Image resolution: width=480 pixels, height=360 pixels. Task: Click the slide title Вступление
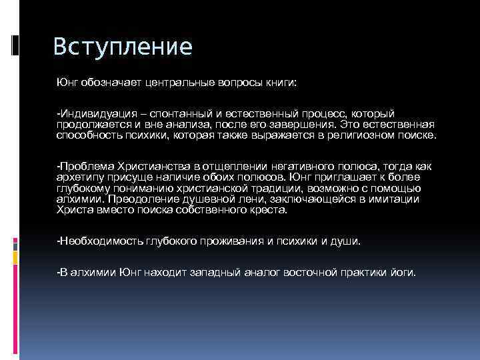[122, 47]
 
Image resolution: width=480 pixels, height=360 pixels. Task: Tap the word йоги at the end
[401, 273]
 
